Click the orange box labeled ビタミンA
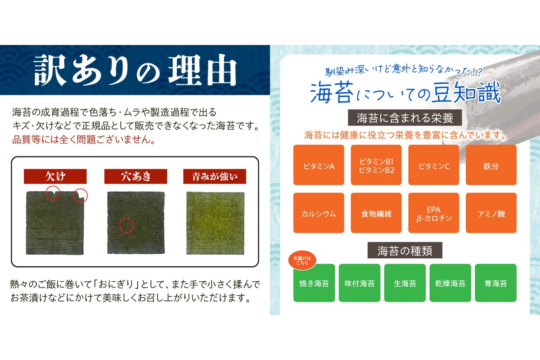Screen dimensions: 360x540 coord(319,165)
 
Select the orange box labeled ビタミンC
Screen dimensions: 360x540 coord(434,165)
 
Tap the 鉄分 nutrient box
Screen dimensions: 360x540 coord(491,165)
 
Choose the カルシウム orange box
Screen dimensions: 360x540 coord(319,213)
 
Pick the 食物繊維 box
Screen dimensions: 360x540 coord(376,213)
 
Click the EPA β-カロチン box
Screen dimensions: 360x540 coord(434,213)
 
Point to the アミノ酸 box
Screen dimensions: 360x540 coord(491,213)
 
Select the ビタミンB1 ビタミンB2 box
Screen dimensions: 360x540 coord(376,165)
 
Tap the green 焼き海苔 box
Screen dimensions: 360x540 coord(314,283)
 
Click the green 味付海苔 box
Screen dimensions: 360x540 coord(360,283)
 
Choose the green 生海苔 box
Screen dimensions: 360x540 coord(405,283)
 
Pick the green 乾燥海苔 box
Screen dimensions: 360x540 coord(450,283)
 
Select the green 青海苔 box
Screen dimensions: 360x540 coord(496,283)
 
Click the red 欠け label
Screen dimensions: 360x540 coord(55,176)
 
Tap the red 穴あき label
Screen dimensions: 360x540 coord(135,176)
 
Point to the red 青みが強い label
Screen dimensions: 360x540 coord(215,176)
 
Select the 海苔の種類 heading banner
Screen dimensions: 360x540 coord(405,250)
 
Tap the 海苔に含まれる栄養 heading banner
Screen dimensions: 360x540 coord(405,118)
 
